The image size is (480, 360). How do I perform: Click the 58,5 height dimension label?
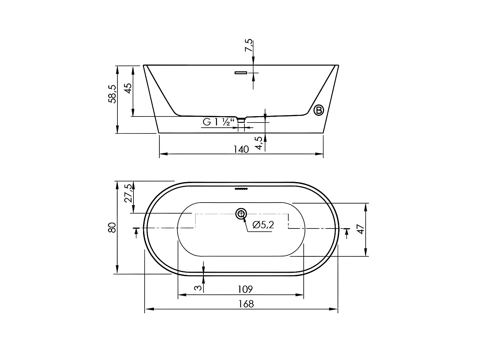[112, 94]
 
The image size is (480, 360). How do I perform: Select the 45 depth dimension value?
[128, 88]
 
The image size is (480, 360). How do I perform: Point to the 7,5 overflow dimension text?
[249, 46]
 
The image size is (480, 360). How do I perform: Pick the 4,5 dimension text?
[259, 143]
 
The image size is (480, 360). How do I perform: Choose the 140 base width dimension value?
[241, 149]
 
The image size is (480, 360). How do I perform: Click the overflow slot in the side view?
[241, 73]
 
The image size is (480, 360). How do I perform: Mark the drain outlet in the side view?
[241, 120]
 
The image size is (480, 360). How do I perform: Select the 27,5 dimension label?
[128, 193]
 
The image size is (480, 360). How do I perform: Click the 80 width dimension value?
[112, 228]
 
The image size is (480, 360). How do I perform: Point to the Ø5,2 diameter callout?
[263, 225]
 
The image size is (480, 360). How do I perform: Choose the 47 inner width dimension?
[361, 229]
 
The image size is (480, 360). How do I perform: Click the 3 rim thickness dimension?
[198, 288]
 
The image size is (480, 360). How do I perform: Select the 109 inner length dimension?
[245, 289]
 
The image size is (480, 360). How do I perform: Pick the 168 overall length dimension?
[246, 304]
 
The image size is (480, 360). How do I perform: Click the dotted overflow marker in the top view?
[241, 189]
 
